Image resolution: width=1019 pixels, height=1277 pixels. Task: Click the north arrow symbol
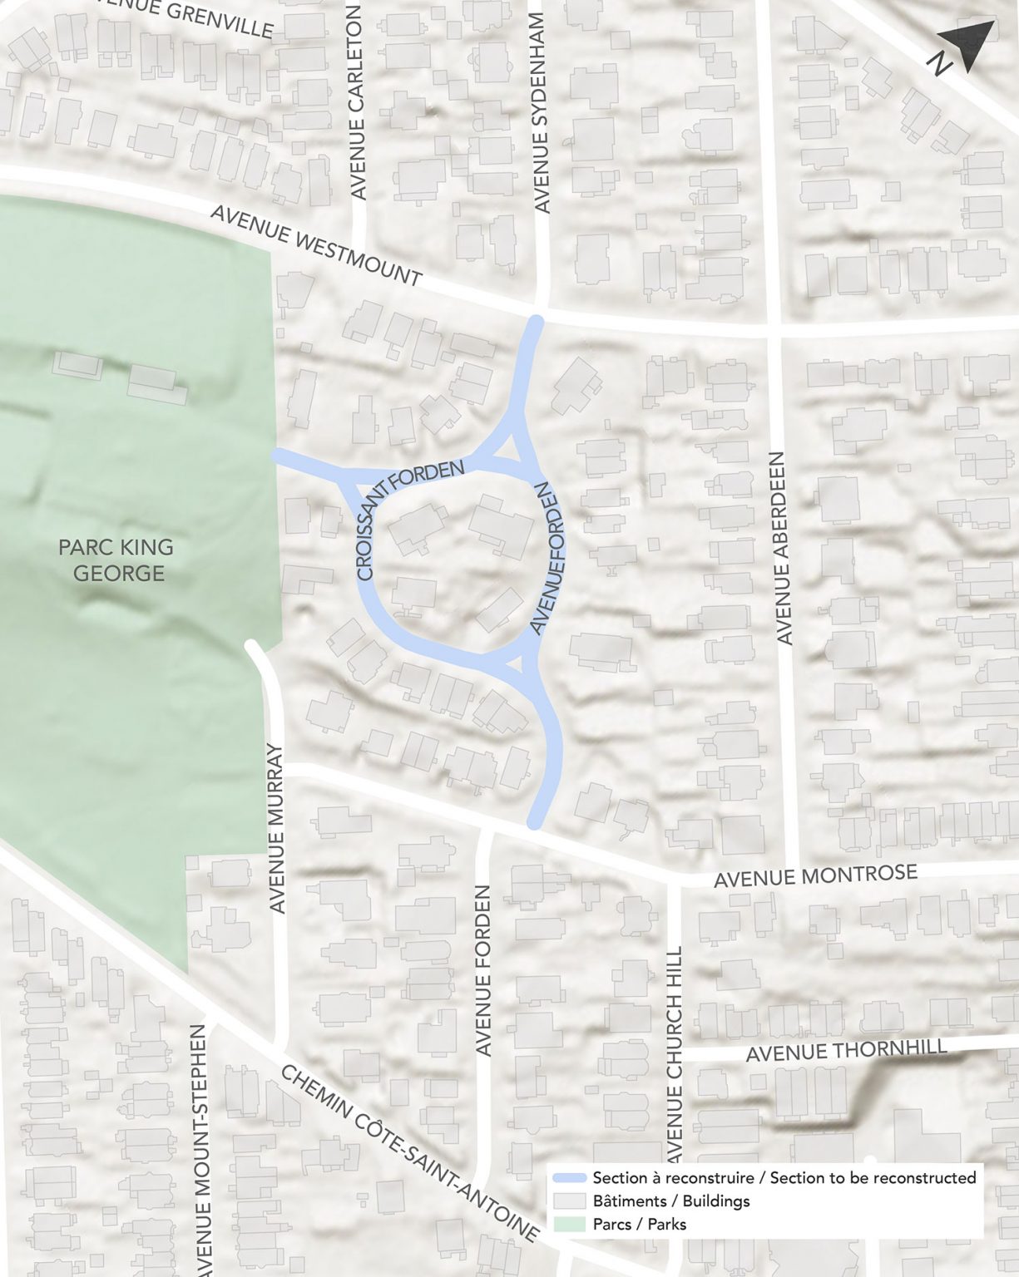click(x=967, y=47)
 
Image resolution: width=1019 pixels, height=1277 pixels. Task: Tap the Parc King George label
click(x=116, y=560)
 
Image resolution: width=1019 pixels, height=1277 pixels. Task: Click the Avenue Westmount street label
click(x=317, y=246)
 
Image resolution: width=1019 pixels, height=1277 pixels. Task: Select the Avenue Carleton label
click(x=359, y=102)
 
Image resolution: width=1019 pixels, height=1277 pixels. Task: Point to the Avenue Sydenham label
click(x=542, y=111)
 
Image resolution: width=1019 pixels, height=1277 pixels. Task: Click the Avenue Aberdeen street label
click(x=782, y=548)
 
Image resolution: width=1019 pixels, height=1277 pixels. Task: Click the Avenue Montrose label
click(x=815, y=875)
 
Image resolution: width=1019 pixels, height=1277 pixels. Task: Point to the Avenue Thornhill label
click(x=846, y=1050)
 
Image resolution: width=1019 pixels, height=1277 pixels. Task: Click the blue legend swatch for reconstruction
click(x=570, y=1178)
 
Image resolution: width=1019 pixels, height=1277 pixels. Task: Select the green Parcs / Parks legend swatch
click(x=570, y=1224)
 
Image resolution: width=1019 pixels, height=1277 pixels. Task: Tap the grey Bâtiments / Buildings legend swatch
click(x=570, y=1201)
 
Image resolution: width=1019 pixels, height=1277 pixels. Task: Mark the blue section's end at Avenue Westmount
click(x=537, y=323)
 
